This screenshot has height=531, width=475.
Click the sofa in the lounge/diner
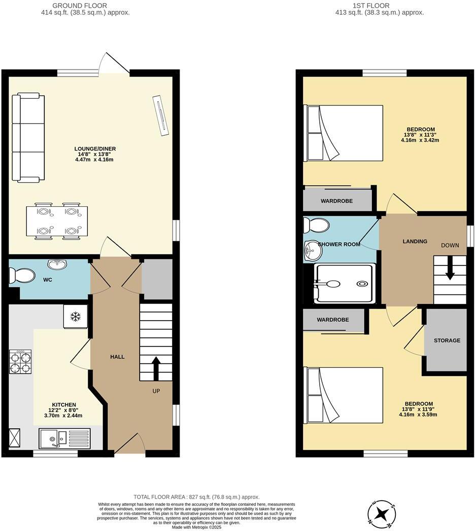coord(25,137)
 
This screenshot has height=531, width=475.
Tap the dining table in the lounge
coord(57,222)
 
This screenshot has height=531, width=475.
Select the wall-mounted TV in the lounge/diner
coord(161,115)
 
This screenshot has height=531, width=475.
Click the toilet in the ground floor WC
coord(21,276)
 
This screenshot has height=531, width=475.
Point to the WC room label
coord(47,280)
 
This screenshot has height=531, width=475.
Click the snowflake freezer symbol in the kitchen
coord(75,317)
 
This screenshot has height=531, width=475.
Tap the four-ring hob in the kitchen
coord(20,362)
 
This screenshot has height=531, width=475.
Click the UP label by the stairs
coord(156,391)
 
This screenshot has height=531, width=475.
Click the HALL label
coord(117,357)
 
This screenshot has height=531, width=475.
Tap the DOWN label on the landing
coord(450,245)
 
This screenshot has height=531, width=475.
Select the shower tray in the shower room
coord(345,284)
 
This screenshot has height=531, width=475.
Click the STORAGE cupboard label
coord(447,340)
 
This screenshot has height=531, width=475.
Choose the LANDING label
coord(415,242)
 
